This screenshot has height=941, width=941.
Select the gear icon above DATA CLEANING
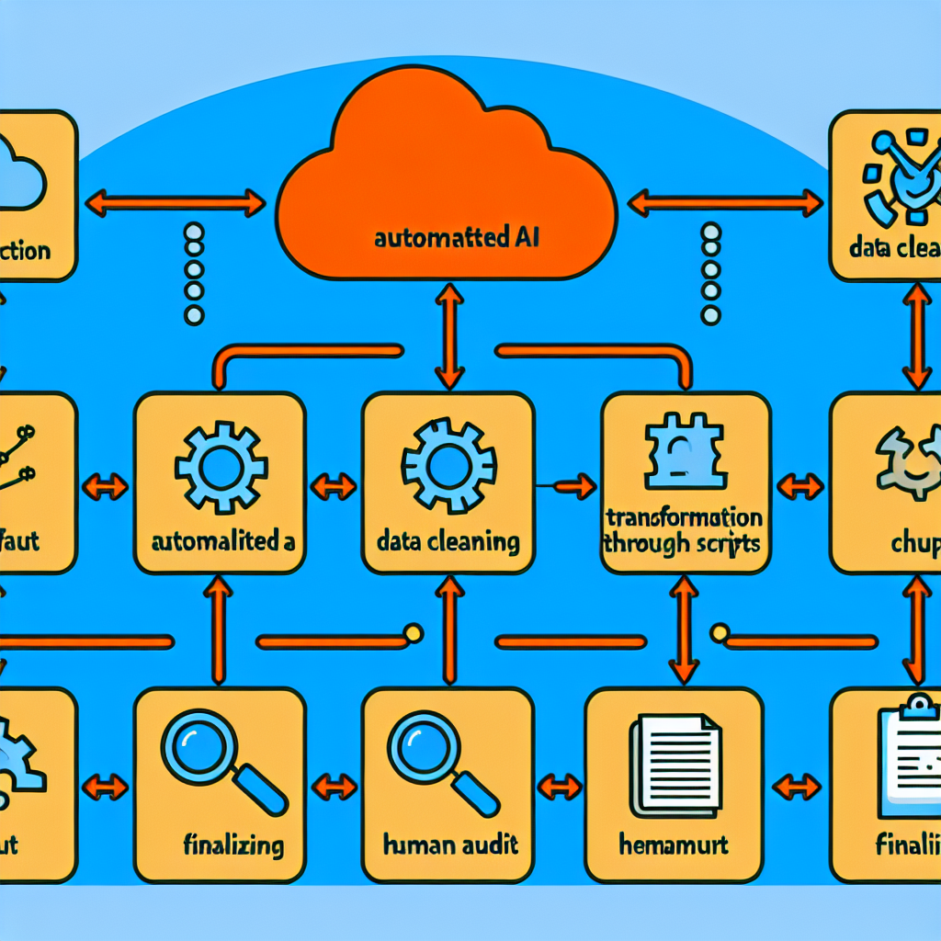tap(449, 464)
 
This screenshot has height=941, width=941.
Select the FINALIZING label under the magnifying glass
tap(231, 844)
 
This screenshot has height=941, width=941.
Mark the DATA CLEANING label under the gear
tap(448, 541)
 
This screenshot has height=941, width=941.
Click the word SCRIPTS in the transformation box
tap(720, 542)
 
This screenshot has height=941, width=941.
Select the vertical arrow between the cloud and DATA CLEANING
tap(449, 335)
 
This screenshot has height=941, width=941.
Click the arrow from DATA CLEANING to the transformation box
tap(565, 484)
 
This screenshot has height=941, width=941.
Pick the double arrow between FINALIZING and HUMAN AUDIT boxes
tap(334, 786)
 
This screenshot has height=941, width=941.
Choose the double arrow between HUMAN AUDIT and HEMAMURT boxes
tap(559, 786)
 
